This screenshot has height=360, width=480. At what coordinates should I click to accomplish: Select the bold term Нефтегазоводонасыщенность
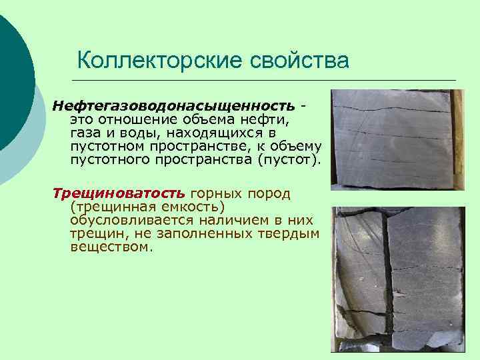(x=174, y=107)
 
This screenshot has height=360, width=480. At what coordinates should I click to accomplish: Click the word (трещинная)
(x=108, y=207)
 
